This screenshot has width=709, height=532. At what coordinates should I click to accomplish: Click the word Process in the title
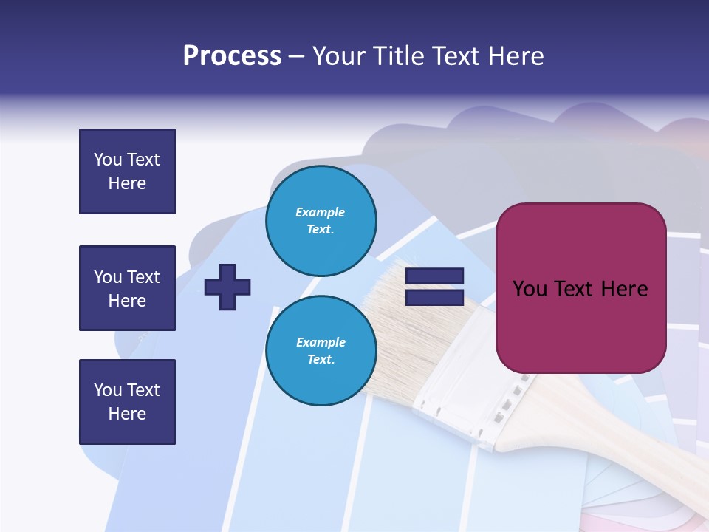(x=232, y=56)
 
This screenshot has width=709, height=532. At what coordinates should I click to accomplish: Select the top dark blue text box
(x=127, y=171)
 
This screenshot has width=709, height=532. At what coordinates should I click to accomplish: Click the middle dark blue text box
(x=127, y=288)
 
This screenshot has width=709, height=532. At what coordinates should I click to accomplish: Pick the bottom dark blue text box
(x=127, y=402)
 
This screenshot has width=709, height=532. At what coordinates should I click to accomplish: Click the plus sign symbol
(x=227, y=287)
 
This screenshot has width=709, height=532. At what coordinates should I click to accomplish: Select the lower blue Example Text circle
(x=321, y=350)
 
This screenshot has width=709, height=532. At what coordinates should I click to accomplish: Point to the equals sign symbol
(x=435, y=287)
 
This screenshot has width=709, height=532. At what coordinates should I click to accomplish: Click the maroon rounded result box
(x=580, y=288)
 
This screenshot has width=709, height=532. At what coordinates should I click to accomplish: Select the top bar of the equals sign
(x=435, y=276)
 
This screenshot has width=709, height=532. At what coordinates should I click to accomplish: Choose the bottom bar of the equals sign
(x=435, y=298)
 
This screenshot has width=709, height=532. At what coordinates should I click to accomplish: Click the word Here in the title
(x=514, y=56)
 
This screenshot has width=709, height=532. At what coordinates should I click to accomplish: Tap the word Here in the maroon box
(x=624, y=288)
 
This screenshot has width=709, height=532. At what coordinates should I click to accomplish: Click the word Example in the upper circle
(x=321, y=212)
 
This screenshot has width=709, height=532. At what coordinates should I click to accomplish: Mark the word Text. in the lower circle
(x=321, y=360)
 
